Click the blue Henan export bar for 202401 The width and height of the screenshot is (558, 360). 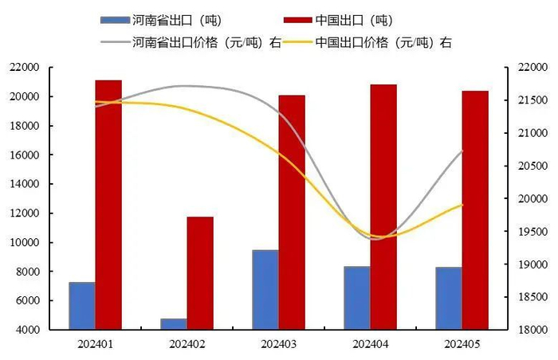(82, 305)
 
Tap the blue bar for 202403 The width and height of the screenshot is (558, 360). (265, 289)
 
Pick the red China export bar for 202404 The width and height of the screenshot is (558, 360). (383, 206)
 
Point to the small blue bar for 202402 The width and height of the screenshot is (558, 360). (174, 323)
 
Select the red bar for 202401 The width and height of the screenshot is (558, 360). (108, 204)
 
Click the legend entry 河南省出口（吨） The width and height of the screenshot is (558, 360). (171, 20)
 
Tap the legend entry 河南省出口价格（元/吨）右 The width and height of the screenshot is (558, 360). (191, 42)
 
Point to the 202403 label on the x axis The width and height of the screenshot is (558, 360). (279, 344)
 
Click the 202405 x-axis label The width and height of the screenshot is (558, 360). (462, 344)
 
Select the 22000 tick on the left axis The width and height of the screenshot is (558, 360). (26, 68)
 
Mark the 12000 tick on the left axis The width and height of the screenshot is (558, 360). (26, 213)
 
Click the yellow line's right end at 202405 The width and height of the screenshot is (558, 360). (462, 205)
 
